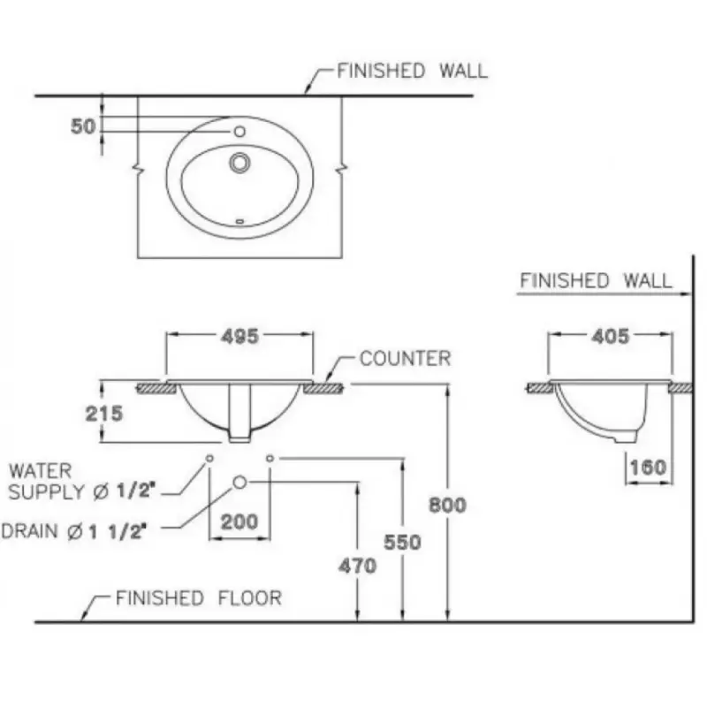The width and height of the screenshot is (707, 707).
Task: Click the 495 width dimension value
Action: tap(239, 336)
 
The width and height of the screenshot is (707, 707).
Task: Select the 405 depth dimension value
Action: tap(610, 336)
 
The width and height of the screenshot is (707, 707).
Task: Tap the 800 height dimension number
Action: tap(447, 505)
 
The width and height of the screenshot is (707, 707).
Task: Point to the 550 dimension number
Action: tap(403, 542)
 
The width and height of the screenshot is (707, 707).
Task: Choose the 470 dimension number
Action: tap(358, 566)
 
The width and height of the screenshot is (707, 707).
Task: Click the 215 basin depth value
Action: tap(104, 413)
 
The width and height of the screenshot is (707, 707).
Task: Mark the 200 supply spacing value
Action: tap(239, 521)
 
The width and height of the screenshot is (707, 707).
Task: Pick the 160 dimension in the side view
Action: tap(648, 468)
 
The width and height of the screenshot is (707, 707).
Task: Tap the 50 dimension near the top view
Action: tap(83, 126)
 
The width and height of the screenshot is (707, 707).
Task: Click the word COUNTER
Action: tap(405, 359)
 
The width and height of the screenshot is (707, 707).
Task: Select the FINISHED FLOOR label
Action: tap(198, 598)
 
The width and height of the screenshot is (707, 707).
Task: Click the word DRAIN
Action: tap(30, 531)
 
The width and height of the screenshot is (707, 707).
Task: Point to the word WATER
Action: tap(40, 471)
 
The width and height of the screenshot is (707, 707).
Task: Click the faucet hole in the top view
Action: tap(239, 131)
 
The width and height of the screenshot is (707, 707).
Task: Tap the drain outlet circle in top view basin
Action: tap(239, 163)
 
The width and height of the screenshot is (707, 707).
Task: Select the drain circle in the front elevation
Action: tap(239, 482)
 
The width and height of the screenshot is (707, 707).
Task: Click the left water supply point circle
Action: tap(209, 458)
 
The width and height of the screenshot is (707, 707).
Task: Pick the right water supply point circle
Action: tap(270, 458)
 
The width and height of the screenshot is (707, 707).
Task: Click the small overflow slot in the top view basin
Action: tap(239, 221)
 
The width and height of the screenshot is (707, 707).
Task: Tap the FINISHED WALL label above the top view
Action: tap(412, 71)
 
